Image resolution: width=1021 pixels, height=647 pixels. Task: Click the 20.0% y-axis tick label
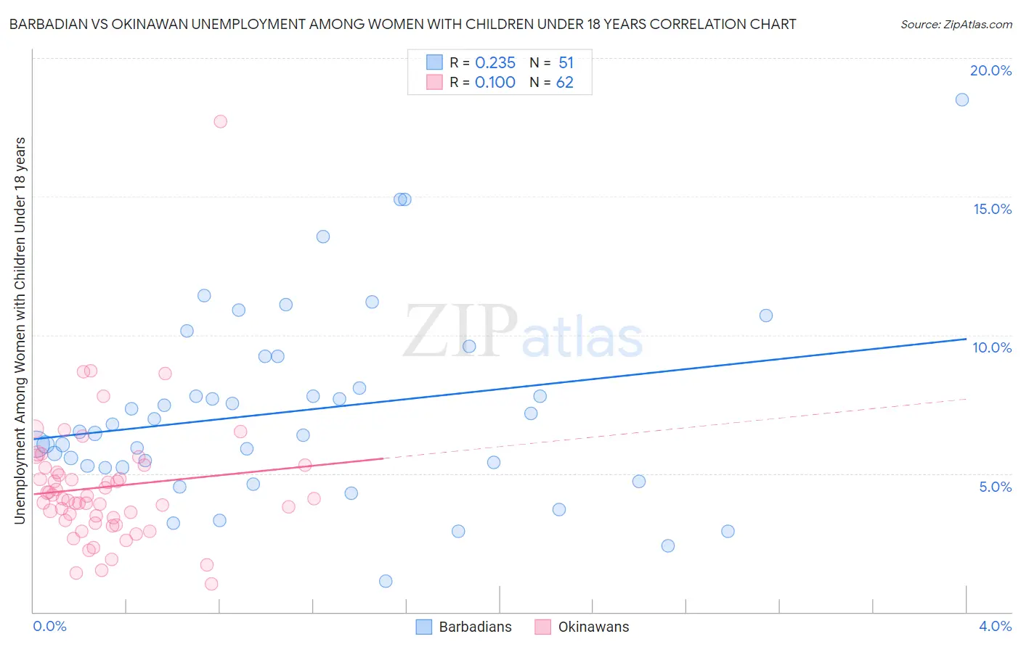(991, 70)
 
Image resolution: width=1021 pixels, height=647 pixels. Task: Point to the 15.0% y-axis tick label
(992, 209)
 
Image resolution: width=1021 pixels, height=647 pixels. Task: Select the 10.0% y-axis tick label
(992, 347)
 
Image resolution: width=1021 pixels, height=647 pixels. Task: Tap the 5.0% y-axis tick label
(995, 487)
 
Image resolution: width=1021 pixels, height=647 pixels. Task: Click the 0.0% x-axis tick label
(49, 626)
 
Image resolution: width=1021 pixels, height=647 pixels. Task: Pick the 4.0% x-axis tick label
(995, 626)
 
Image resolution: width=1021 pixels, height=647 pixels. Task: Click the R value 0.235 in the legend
(495, 63)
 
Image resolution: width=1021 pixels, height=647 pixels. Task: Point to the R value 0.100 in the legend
(495, 83)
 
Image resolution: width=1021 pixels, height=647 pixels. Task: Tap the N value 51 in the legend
(566, 63)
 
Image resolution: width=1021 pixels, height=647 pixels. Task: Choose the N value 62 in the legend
(564, 83)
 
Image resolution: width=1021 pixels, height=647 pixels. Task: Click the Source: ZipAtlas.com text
(956, 25)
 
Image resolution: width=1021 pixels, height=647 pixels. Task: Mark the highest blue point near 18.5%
(962, 100)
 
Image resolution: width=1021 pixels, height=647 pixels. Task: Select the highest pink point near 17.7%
(221, 121)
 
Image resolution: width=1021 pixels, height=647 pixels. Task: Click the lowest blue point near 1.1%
(386, 581)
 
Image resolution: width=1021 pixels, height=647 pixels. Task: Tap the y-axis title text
(20, 330)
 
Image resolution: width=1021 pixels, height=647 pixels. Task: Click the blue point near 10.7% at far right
(766, 316)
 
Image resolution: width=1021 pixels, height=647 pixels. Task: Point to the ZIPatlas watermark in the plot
(523, 331)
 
